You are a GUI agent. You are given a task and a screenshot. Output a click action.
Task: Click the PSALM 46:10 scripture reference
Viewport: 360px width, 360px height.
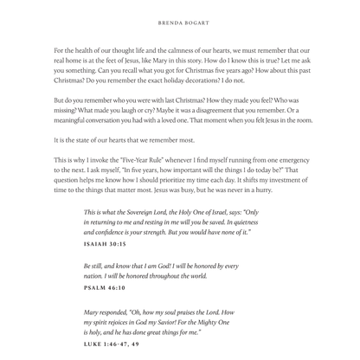point(104,287)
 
